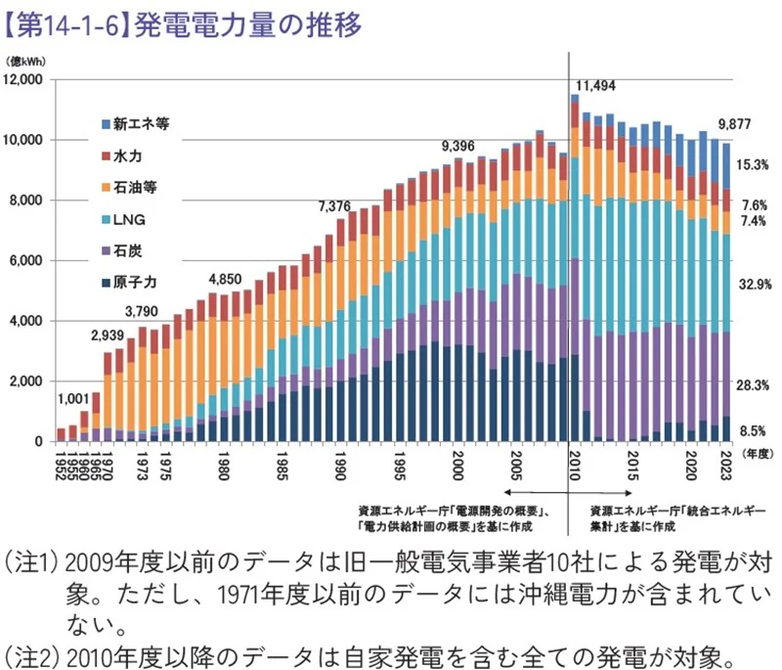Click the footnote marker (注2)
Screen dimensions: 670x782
(x=31, y=653)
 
